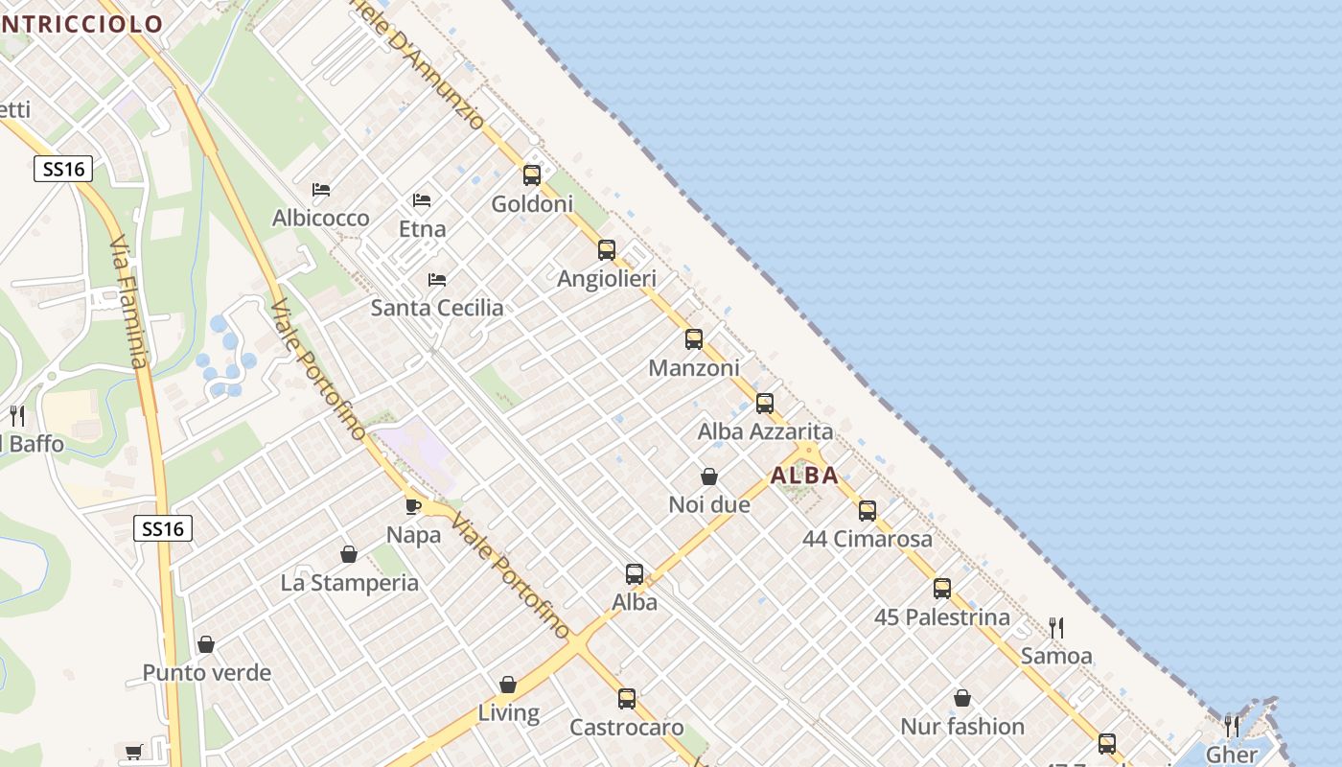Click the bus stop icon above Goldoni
click(532, 175)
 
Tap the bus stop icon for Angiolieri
click(607, 250)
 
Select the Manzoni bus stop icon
click(694, 339)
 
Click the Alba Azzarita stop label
click(765, 431)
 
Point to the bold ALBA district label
click(804, 475)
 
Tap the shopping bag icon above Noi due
click(709, 476)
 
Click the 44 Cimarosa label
click(867, 539)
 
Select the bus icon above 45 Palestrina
click(942, 589)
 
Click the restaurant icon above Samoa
click(1056, 628)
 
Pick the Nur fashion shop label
click(962, 727)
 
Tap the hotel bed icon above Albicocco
click(321, 191)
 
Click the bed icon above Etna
click(422, 200)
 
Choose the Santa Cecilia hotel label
click(437, 308)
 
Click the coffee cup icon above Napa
click(413, 506)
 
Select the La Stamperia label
click(349, 583)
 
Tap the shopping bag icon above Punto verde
click(206, 644)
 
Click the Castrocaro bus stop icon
click(627, 699)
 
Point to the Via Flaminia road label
click(130, 302)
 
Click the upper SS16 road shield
click(63, 170)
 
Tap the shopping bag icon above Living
click(508, 685)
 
